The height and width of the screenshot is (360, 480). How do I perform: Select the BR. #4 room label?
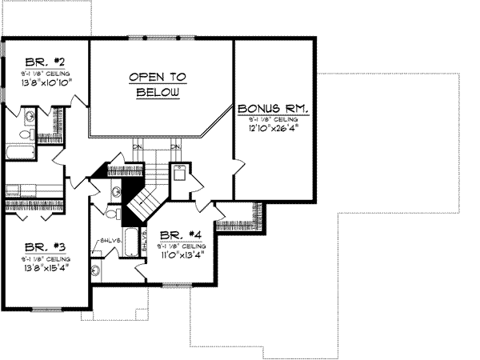pos(179,234)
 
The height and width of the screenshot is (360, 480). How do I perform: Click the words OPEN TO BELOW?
pos(157,84)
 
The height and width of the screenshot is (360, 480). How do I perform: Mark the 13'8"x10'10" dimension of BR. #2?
pos(45,81)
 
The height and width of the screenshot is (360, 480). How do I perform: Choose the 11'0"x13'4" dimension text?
pos(182,256)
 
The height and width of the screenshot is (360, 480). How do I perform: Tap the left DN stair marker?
pos(138,147)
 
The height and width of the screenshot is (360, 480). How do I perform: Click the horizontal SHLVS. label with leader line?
pos(110,239)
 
